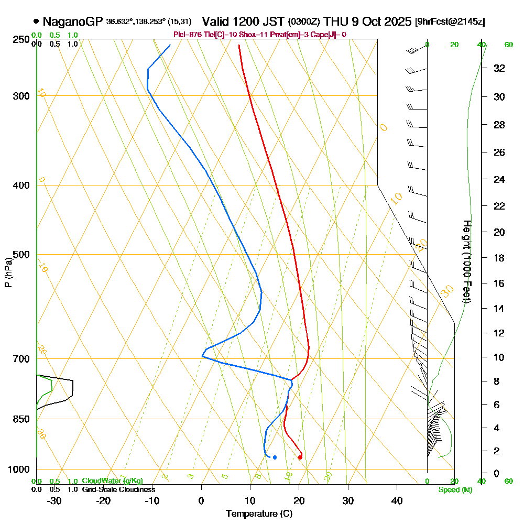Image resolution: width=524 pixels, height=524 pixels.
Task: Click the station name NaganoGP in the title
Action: pos(73,21)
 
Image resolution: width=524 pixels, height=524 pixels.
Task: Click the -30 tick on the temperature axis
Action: pos(54,500)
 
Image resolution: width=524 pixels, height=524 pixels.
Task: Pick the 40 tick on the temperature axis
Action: pos(397,500)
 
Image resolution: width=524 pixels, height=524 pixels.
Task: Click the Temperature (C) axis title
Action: pos(259,514)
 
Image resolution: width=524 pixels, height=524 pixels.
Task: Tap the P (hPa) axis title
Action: pos(8,272)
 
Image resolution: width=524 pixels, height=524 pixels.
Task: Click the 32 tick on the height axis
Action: pos(499,68)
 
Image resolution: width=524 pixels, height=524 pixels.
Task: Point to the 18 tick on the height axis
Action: pos(499,258)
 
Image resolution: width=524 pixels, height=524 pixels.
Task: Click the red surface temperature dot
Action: pos(300,457)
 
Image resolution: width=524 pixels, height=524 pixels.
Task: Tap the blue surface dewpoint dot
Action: pos(275,457)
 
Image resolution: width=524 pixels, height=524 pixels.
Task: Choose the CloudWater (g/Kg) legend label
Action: pos(112,481)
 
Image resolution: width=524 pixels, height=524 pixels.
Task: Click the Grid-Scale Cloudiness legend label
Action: pos(118,489)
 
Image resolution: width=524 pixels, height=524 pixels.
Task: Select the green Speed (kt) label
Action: pos(455,490)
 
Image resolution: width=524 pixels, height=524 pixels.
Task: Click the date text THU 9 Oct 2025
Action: pos(367,21)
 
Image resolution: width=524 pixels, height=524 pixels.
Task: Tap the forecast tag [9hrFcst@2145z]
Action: pos(449,22)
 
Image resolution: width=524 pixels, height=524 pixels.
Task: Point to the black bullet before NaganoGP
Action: pos(36,22)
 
